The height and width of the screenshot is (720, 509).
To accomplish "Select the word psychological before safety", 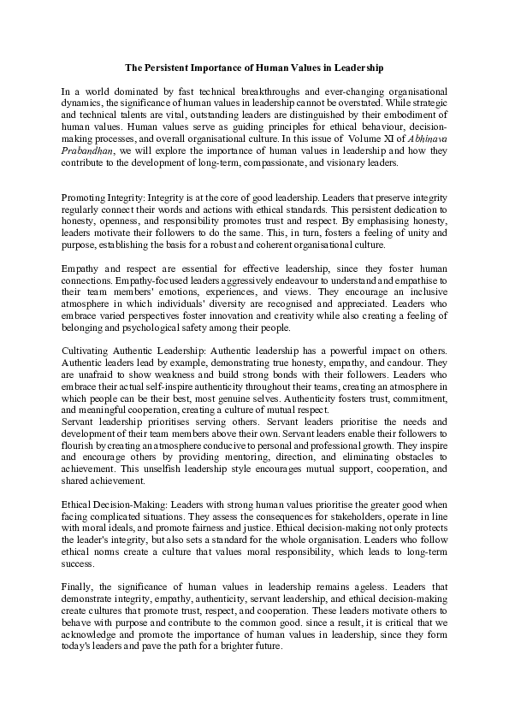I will click(x=153, y=332).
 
